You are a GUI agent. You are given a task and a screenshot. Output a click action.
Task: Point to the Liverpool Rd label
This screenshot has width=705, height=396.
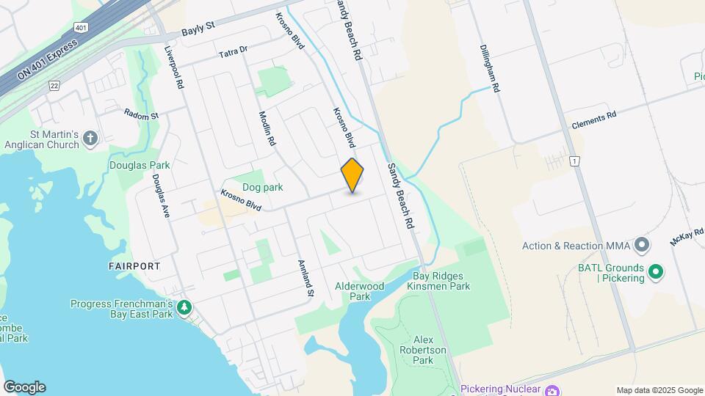(x=174, y=67)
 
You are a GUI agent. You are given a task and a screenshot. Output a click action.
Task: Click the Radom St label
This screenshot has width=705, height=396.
(x=141, y=115)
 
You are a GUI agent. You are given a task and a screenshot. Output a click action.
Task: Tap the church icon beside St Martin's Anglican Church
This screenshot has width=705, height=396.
(x=90, y=139)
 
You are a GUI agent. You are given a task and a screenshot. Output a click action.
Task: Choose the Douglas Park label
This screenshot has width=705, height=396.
(x=140, y=165)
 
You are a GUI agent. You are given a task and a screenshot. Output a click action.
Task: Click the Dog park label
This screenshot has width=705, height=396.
(x=262, y=187)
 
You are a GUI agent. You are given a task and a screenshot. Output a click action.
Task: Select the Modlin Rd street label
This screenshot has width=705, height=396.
(x=267, y=129)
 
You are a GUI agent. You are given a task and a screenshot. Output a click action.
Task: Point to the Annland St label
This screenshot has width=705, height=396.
(x=305, y=279)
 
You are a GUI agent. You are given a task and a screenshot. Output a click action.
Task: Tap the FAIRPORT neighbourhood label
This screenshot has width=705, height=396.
(x=133, y=266)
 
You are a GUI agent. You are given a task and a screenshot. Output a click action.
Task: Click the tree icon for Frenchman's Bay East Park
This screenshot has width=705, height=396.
(x=187, y=307)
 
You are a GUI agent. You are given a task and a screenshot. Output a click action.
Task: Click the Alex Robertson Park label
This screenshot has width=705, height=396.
(x=430, y=350)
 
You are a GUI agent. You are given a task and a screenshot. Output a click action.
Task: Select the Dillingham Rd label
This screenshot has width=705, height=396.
(x=490, y=67)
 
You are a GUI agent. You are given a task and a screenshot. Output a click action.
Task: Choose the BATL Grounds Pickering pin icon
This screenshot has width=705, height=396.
(x=657, y=274)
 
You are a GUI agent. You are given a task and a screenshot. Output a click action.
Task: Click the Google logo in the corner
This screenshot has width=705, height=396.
(x=24, y=387)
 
